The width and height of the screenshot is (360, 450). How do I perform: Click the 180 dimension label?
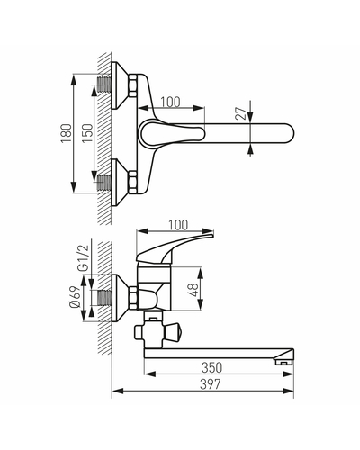[x=67, y=133]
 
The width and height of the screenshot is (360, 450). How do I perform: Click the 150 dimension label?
[x=88, y=133]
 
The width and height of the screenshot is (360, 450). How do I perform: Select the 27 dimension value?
[x=243, y=112]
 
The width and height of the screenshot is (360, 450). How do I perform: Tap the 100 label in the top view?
[x=170, y=102]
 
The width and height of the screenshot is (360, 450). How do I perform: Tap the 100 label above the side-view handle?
[x=178, y=225]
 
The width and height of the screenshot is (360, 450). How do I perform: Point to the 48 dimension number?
[x=194, y=290]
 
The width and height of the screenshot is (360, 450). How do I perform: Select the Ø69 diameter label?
[x=75, y=297]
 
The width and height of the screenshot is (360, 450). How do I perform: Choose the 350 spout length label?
[x=211, y=367]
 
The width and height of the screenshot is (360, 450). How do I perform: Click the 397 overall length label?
[x=211, y=384]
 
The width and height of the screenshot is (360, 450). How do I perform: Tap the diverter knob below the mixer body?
[x=174, y=331]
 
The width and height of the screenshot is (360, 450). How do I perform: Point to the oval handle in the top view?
[x=172, y=133]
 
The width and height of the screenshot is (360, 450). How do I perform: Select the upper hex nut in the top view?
[x=132, y=85]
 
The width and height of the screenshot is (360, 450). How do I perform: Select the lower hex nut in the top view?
[x=132, y=182]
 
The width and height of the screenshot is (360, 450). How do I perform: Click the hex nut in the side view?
[x=133, y=298]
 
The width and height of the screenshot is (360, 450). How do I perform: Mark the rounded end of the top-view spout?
[x=289, y=133]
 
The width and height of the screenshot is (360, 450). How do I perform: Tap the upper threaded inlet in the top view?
[x=104, y=85]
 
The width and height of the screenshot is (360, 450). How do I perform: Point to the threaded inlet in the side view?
[x=104, y=298]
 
